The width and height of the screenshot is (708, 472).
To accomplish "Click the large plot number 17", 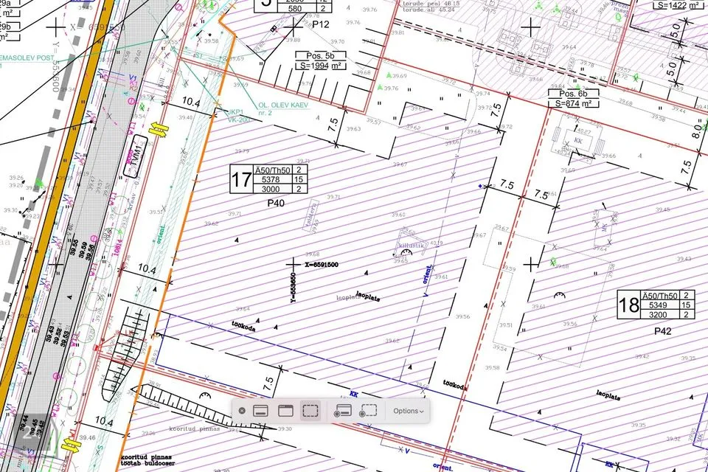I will pyautogui.click(x=240, y=180).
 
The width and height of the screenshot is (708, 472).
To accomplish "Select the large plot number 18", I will pyautogui.click(x=628, y=305).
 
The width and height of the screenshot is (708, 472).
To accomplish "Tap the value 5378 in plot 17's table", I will pyautogui.click(x=271, y=179).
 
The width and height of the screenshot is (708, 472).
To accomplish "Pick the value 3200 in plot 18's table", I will pyautogui.click(x=659, y=315).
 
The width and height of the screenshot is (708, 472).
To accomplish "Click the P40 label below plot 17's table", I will pyautogui.click(x=276, y=202).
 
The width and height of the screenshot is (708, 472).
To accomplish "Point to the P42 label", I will pyautogui.click(x=663, y=332).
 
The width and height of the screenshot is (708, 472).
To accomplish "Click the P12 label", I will pyautogui.click(x=320, y=24).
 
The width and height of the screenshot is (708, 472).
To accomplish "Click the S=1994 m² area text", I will pyautogui.click(x=321, y=65).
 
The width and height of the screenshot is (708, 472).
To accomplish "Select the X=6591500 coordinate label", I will pyautogui.click(x=322, y=264).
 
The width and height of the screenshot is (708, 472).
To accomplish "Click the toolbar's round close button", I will pyautogui.click(x=242, y=411).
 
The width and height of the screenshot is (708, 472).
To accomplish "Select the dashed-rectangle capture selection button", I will pyautogui.click(x=310, y=411).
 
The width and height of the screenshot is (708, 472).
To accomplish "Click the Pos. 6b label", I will pyautogui.click(x=572, y=94).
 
